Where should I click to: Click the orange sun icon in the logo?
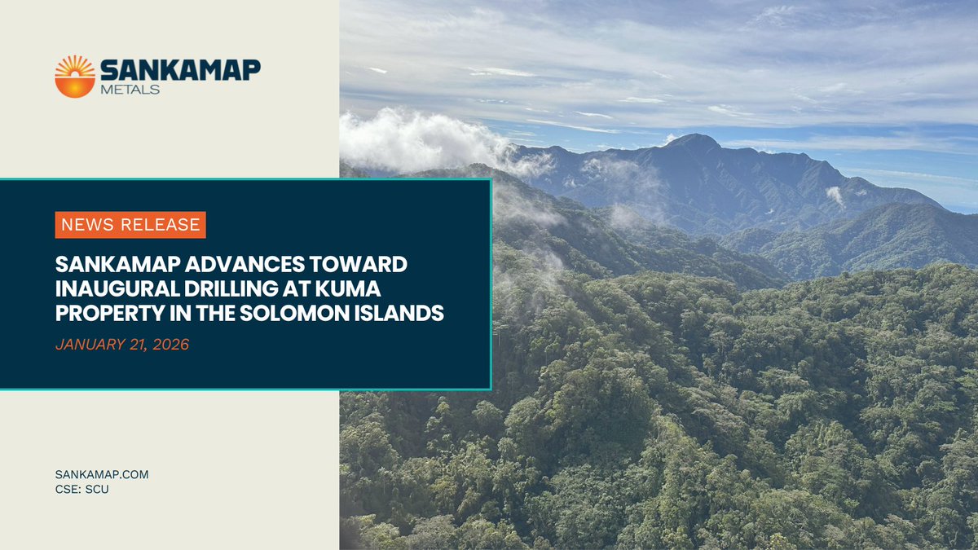pyautogui.click(x=75, y=77)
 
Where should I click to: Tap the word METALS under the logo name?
pyautogui.click(x=131, y=89)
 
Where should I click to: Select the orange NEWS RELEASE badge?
pyautogui.click(x=130, y=224)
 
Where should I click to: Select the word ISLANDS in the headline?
pyautogui.click(x=403, y=313)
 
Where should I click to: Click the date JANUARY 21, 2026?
pyautogui.click(x=122, y=345)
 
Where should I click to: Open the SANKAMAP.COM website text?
pyautogui.click(x=102, y=474)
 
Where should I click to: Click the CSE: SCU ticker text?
pyautogui.click(x=82, y=489)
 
